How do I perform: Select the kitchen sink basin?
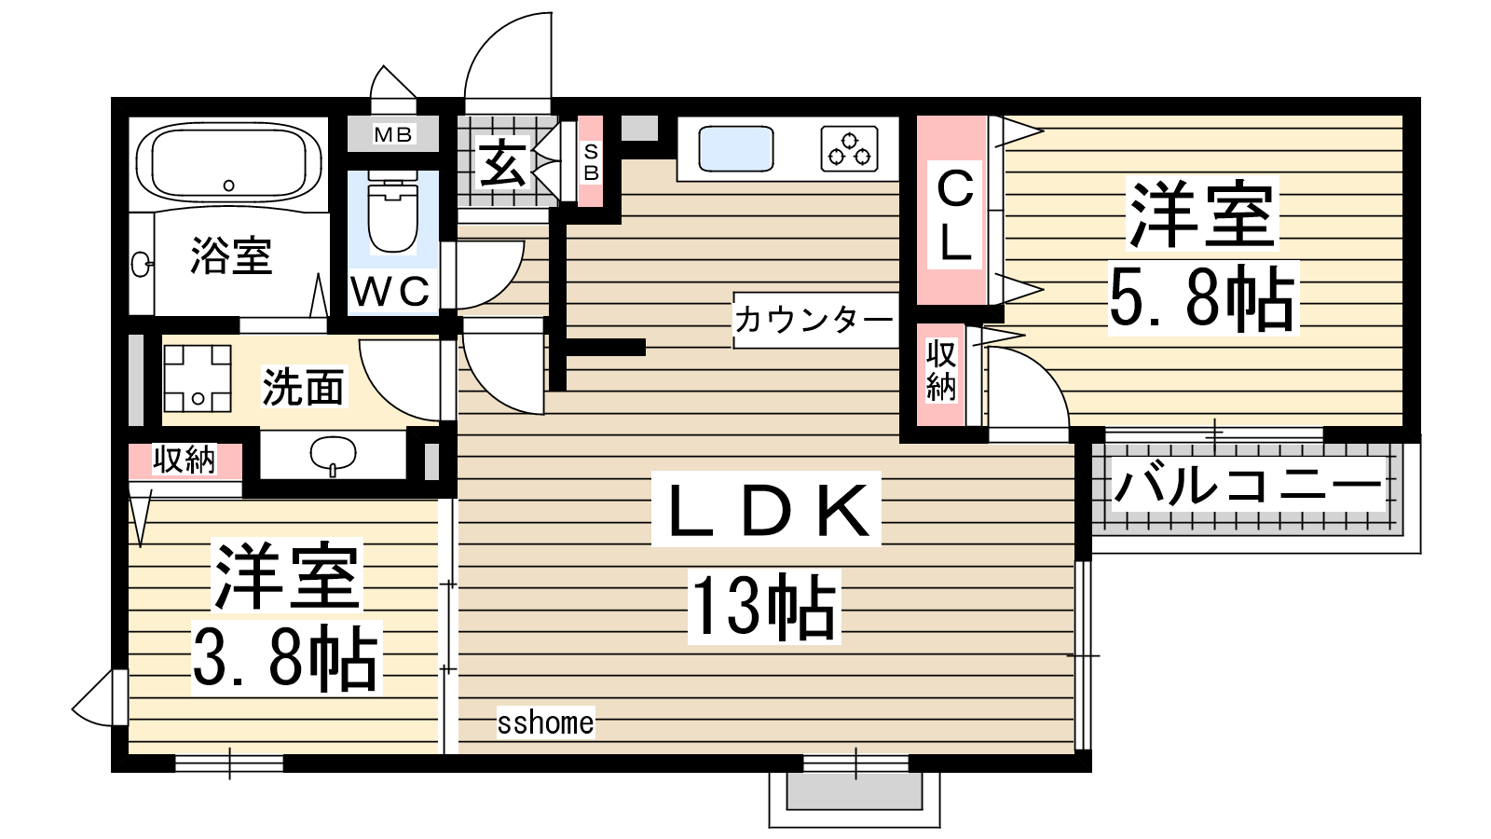click(735, 148)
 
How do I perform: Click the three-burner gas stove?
click(849, 149)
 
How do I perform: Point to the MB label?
click(392, 134)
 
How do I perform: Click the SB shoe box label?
click(591, 162)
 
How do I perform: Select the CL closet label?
click(955, 214)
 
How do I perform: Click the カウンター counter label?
click(814, 321)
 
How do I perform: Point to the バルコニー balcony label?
click(1248, 485)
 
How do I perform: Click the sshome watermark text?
click(546, 722)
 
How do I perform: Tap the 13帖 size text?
click(764, 606)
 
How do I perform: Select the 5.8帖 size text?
click(1203, 297)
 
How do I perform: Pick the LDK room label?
click(767, 509)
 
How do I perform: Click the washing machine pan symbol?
click(197, 378)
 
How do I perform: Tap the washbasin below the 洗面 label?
click(333, 453)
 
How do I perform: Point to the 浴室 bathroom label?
click(232, 255)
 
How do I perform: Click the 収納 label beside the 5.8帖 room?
click(941, 371)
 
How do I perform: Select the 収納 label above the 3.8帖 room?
click(185, 460)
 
